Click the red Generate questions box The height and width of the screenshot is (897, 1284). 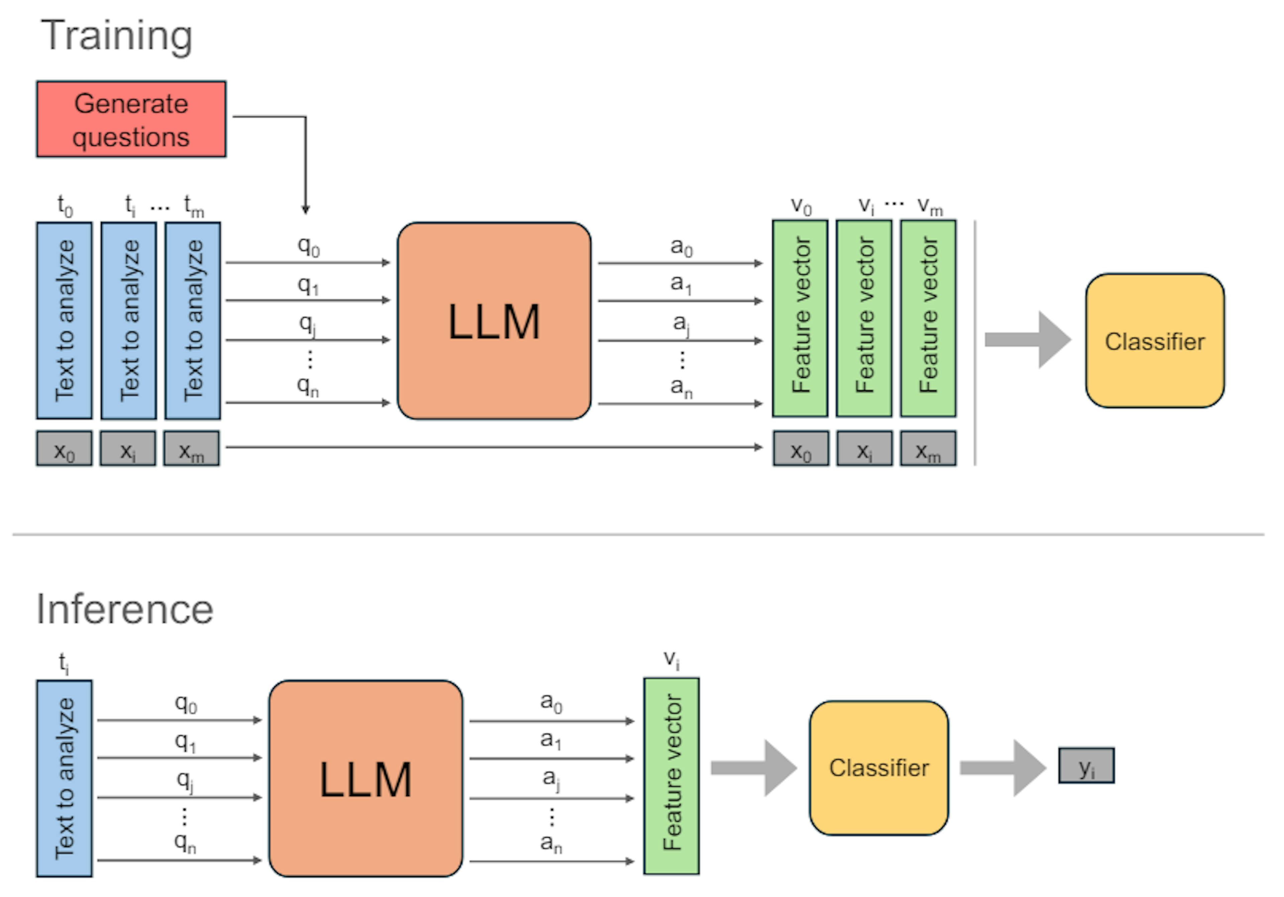(x=131, y=119)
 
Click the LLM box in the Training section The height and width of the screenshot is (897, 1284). (x=494, y=321)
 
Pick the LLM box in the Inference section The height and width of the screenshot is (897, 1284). (x=366, y=778)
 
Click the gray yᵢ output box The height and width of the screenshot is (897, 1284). (x=1086, y=766)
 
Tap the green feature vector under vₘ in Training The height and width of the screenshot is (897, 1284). (x=928, y=318)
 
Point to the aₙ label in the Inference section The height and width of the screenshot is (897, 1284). (x=551, y=843)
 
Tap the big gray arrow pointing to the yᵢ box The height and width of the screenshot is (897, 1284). (x=1002, y=768)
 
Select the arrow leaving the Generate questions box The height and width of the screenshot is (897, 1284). (x=305, y=162)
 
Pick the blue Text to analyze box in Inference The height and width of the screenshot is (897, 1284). (x=64, y=778)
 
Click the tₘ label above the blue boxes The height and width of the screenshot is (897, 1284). (x=194, y=207)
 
